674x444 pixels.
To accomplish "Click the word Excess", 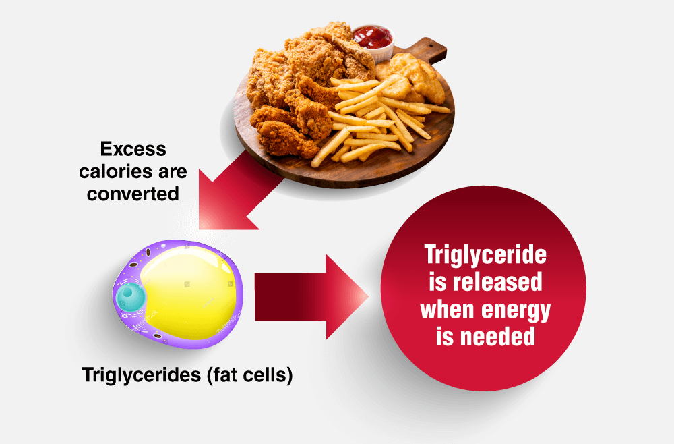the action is (x=133, y=149).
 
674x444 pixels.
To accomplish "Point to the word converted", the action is (x=133, y=194).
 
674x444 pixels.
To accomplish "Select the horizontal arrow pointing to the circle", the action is (x=311, y=297).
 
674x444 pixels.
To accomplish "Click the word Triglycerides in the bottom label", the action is (x=142, y=374).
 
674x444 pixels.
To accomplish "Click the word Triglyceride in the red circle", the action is (x=485, y=255).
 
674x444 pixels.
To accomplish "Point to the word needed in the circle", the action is (x=498, y=337).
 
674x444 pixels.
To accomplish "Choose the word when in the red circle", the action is (x=448, y=309).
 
